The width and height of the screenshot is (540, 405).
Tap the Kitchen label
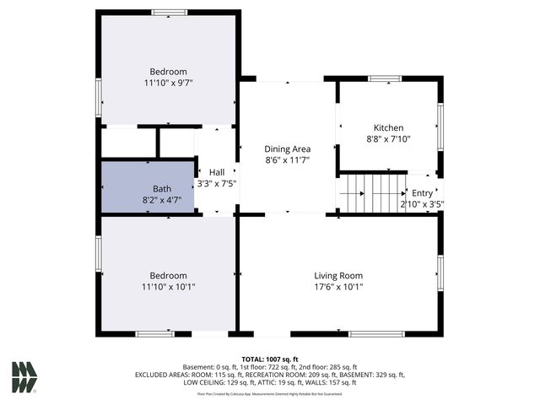[x=389, y=128]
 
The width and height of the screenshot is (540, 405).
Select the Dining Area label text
[x=287, y=148]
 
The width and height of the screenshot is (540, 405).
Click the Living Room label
[x=337, y=276]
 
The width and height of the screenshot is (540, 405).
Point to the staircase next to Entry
[x=372, y=192]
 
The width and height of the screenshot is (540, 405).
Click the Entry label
[x=422, y=193]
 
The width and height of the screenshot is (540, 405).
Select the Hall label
[x=217, y=171]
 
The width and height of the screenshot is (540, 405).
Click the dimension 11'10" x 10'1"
[x=168, y=287]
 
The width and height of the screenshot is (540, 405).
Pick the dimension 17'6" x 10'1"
[x=337, y=287]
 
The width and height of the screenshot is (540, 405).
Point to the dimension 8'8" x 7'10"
[x=389, y=139]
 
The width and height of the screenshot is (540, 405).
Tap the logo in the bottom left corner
[x=24, y=376]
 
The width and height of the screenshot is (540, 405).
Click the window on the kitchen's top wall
[x=385, y=78]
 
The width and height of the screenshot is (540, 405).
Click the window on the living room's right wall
[x=440, y=273]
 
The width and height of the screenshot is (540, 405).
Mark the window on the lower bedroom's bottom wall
[x=154, y=334]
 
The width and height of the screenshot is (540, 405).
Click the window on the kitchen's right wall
[x=440, y=127]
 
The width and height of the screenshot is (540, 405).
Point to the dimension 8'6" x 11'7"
[x=287, y=159]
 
